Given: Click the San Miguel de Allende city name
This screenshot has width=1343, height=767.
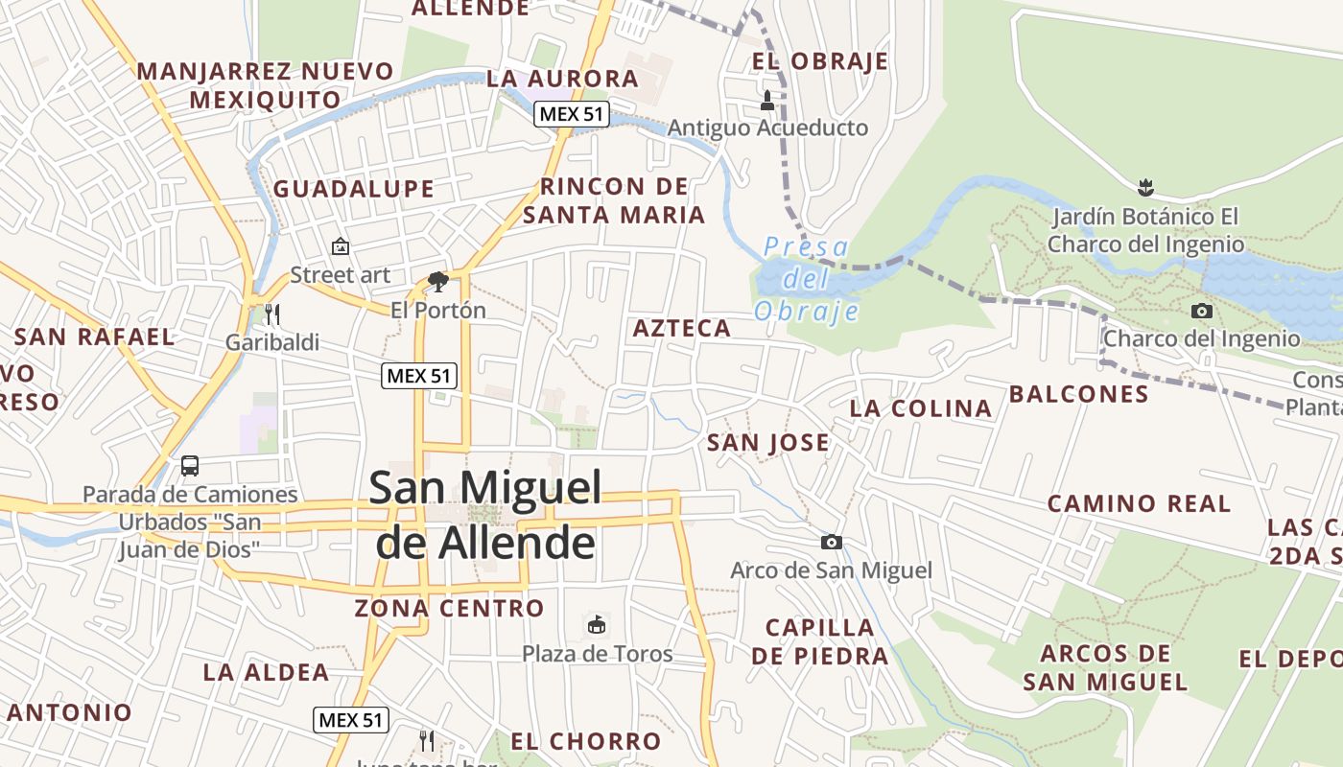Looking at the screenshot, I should [x=485, y=515].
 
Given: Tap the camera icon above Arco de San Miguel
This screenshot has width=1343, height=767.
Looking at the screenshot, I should [x=832, y=543].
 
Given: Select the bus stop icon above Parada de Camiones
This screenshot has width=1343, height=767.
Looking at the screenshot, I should [x=190, y=466].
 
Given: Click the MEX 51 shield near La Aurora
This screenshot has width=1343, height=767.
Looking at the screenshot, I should [x=572, y=114].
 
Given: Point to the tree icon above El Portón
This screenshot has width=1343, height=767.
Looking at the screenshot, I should [x=438, y=282].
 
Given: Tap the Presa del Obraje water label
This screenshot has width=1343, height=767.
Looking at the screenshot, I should [x=806, y=279].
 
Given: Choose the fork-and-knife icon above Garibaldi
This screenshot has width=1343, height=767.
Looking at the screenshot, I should [x=272, y=314].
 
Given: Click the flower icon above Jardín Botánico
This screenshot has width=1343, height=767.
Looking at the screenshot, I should [x=1144, y=187].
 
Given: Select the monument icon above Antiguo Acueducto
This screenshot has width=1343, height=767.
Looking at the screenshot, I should [x=767, y=99].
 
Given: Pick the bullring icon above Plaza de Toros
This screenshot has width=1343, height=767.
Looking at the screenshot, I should [x=597, y=625].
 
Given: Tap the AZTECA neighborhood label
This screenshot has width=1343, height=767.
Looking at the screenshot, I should [x=682, y=329].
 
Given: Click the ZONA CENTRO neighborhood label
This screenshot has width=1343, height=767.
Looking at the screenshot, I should [x=449, y=609].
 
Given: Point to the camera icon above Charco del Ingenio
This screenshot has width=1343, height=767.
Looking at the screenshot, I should [x=1201, y=311].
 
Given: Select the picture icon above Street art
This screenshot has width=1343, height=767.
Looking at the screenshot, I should [x=340, y=246].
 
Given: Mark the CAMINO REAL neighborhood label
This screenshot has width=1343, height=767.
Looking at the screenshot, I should [x=1139, y=504].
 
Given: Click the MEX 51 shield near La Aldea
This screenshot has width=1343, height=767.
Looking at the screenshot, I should [x=351, y=720].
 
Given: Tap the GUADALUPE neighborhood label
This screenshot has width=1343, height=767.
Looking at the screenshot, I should [x=354, y=189].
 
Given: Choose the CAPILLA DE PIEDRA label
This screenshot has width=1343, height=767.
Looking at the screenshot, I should [x=820, y=642].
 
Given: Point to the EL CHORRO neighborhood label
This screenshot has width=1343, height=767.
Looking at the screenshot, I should [x=585, y=741].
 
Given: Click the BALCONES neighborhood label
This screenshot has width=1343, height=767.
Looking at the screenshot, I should [x=1078, y=394].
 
